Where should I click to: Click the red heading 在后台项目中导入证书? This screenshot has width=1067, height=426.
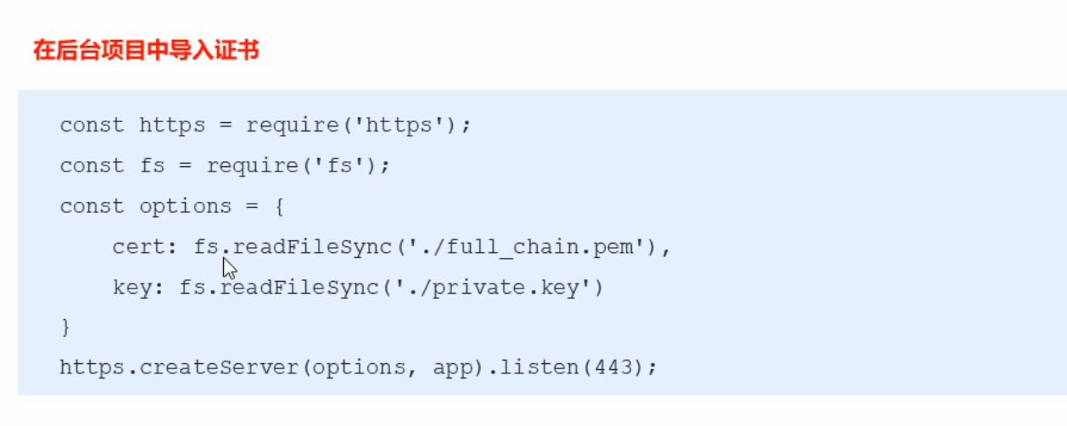pyautogui.click(x=146, y=51)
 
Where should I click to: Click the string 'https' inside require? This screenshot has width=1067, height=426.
pyautogui.click(x=399, y=126)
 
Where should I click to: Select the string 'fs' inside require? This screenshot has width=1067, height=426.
pyautogui.click(x=339, y=166)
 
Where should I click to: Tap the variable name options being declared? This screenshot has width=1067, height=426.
pyautogui.click(x=185, y=206)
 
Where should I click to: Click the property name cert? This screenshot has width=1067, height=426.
pyautogui.click(x=138, y=247)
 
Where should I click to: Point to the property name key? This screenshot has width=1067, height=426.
pyautogui.click(x=132, y=288)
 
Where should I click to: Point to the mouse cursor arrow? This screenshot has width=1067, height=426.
pyautogui.click(x=228, y=269)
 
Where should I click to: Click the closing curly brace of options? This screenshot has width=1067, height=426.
pyautogui.click(x=65, y=328)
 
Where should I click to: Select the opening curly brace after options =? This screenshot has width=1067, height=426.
pyautogui.click(x=278, y=206)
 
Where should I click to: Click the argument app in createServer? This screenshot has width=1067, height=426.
pyautogui.click(x=452, y=368)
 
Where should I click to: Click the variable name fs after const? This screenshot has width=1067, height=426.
pyautogui.click(x=152, y=166)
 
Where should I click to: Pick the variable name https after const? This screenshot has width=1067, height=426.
pyautogui.click(x=171, y=126)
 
